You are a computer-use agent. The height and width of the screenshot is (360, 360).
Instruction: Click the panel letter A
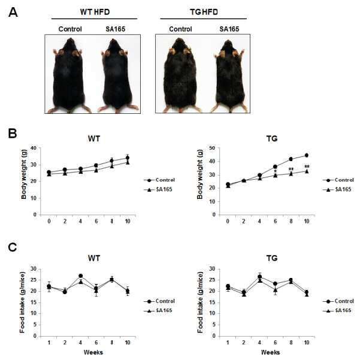click(x=13, y=12)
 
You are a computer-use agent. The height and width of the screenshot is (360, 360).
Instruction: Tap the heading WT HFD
click(x=95, y=12)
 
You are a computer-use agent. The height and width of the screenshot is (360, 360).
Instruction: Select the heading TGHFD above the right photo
click(x=204, y=12)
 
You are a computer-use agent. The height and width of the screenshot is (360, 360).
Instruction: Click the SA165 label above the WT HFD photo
click(x=115, y=29)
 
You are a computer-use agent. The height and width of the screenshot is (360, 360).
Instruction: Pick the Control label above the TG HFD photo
click(x=180, y=29)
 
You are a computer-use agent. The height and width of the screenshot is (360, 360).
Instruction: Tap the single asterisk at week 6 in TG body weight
click(x=276, y=171)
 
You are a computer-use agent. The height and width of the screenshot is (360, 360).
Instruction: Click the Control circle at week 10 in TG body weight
click(x=307, y=155)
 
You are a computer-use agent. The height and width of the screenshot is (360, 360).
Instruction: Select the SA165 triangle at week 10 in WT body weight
click(x=128, y=162)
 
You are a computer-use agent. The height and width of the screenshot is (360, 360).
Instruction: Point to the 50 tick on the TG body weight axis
click(x=212, y=148)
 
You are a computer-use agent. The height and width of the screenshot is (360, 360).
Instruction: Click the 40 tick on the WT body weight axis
click(x=34, y=148)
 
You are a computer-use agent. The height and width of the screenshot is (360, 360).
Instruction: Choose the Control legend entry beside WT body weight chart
click(x=159, y=180)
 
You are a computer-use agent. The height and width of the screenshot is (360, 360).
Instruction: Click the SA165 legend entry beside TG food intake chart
click(x=337, y=311)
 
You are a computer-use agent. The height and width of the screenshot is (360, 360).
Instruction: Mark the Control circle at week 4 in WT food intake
click(x=81, y=276)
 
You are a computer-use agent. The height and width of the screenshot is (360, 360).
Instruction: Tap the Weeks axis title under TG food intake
click(x=271, y=352)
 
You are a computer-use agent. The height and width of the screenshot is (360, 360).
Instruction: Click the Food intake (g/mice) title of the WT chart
click(x=22, y=302)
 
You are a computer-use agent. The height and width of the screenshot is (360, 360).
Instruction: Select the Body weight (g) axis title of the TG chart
click(x=200, y=174)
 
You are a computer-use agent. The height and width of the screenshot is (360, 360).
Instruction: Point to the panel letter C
click(x=13, y=248)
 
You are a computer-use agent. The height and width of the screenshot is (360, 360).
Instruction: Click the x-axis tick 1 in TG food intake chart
click(x=228, y=343)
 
